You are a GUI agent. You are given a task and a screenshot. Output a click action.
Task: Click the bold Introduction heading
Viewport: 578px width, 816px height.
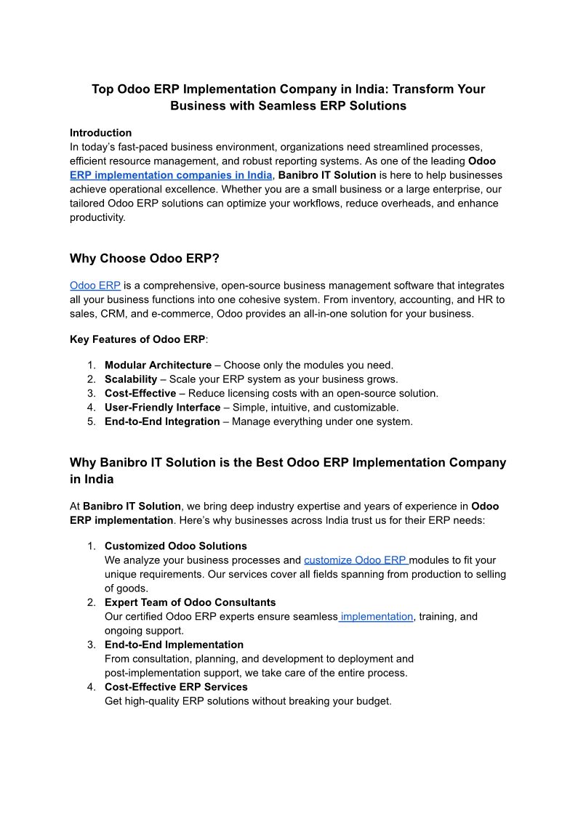100,133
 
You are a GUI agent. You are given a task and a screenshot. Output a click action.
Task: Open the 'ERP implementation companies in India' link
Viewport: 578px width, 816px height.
171,175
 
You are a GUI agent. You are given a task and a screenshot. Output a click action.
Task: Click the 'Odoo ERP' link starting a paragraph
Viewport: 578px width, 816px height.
95,286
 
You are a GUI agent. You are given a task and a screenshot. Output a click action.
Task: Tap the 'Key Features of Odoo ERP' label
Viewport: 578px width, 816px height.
137,339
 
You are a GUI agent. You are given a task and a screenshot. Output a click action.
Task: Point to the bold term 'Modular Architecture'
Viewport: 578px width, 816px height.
158,365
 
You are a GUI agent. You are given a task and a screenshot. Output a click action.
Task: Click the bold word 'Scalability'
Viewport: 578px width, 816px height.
131,379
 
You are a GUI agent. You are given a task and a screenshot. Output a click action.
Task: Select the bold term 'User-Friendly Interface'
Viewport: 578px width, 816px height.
162,408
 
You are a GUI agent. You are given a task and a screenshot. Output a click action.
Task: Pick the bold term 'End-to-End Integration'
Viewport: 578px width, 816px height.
162,421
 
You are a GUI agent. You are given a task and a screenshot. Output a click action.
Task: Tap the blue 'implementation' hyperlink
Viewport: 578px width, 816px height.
377,617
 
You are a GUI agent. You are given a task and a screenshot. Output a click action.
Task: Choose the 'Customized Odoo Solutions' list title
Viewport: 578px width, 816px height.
176,546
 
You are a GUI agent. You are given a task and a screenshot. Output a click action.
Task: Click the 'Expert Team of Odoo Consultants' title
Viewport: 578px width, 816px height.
190,602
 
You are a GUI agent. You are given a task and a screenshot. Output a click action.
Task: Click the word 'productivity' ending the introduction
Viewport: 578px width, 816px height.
97,217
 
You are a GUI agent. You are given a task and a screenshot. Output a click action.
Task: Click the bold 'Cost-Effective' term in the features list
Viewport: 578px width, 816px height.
140,393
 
